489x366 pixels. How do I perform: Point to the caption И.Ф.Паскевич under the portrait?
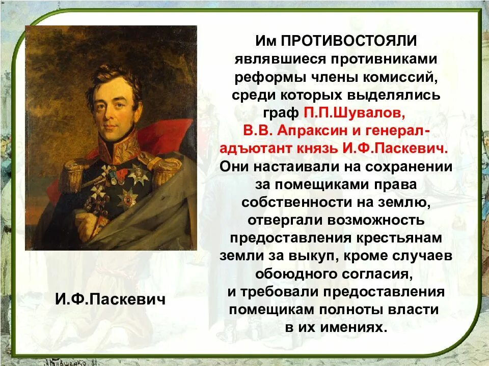(x=111, y=299)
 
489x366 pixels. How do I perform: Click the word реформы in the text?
(x=260, y=77)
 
